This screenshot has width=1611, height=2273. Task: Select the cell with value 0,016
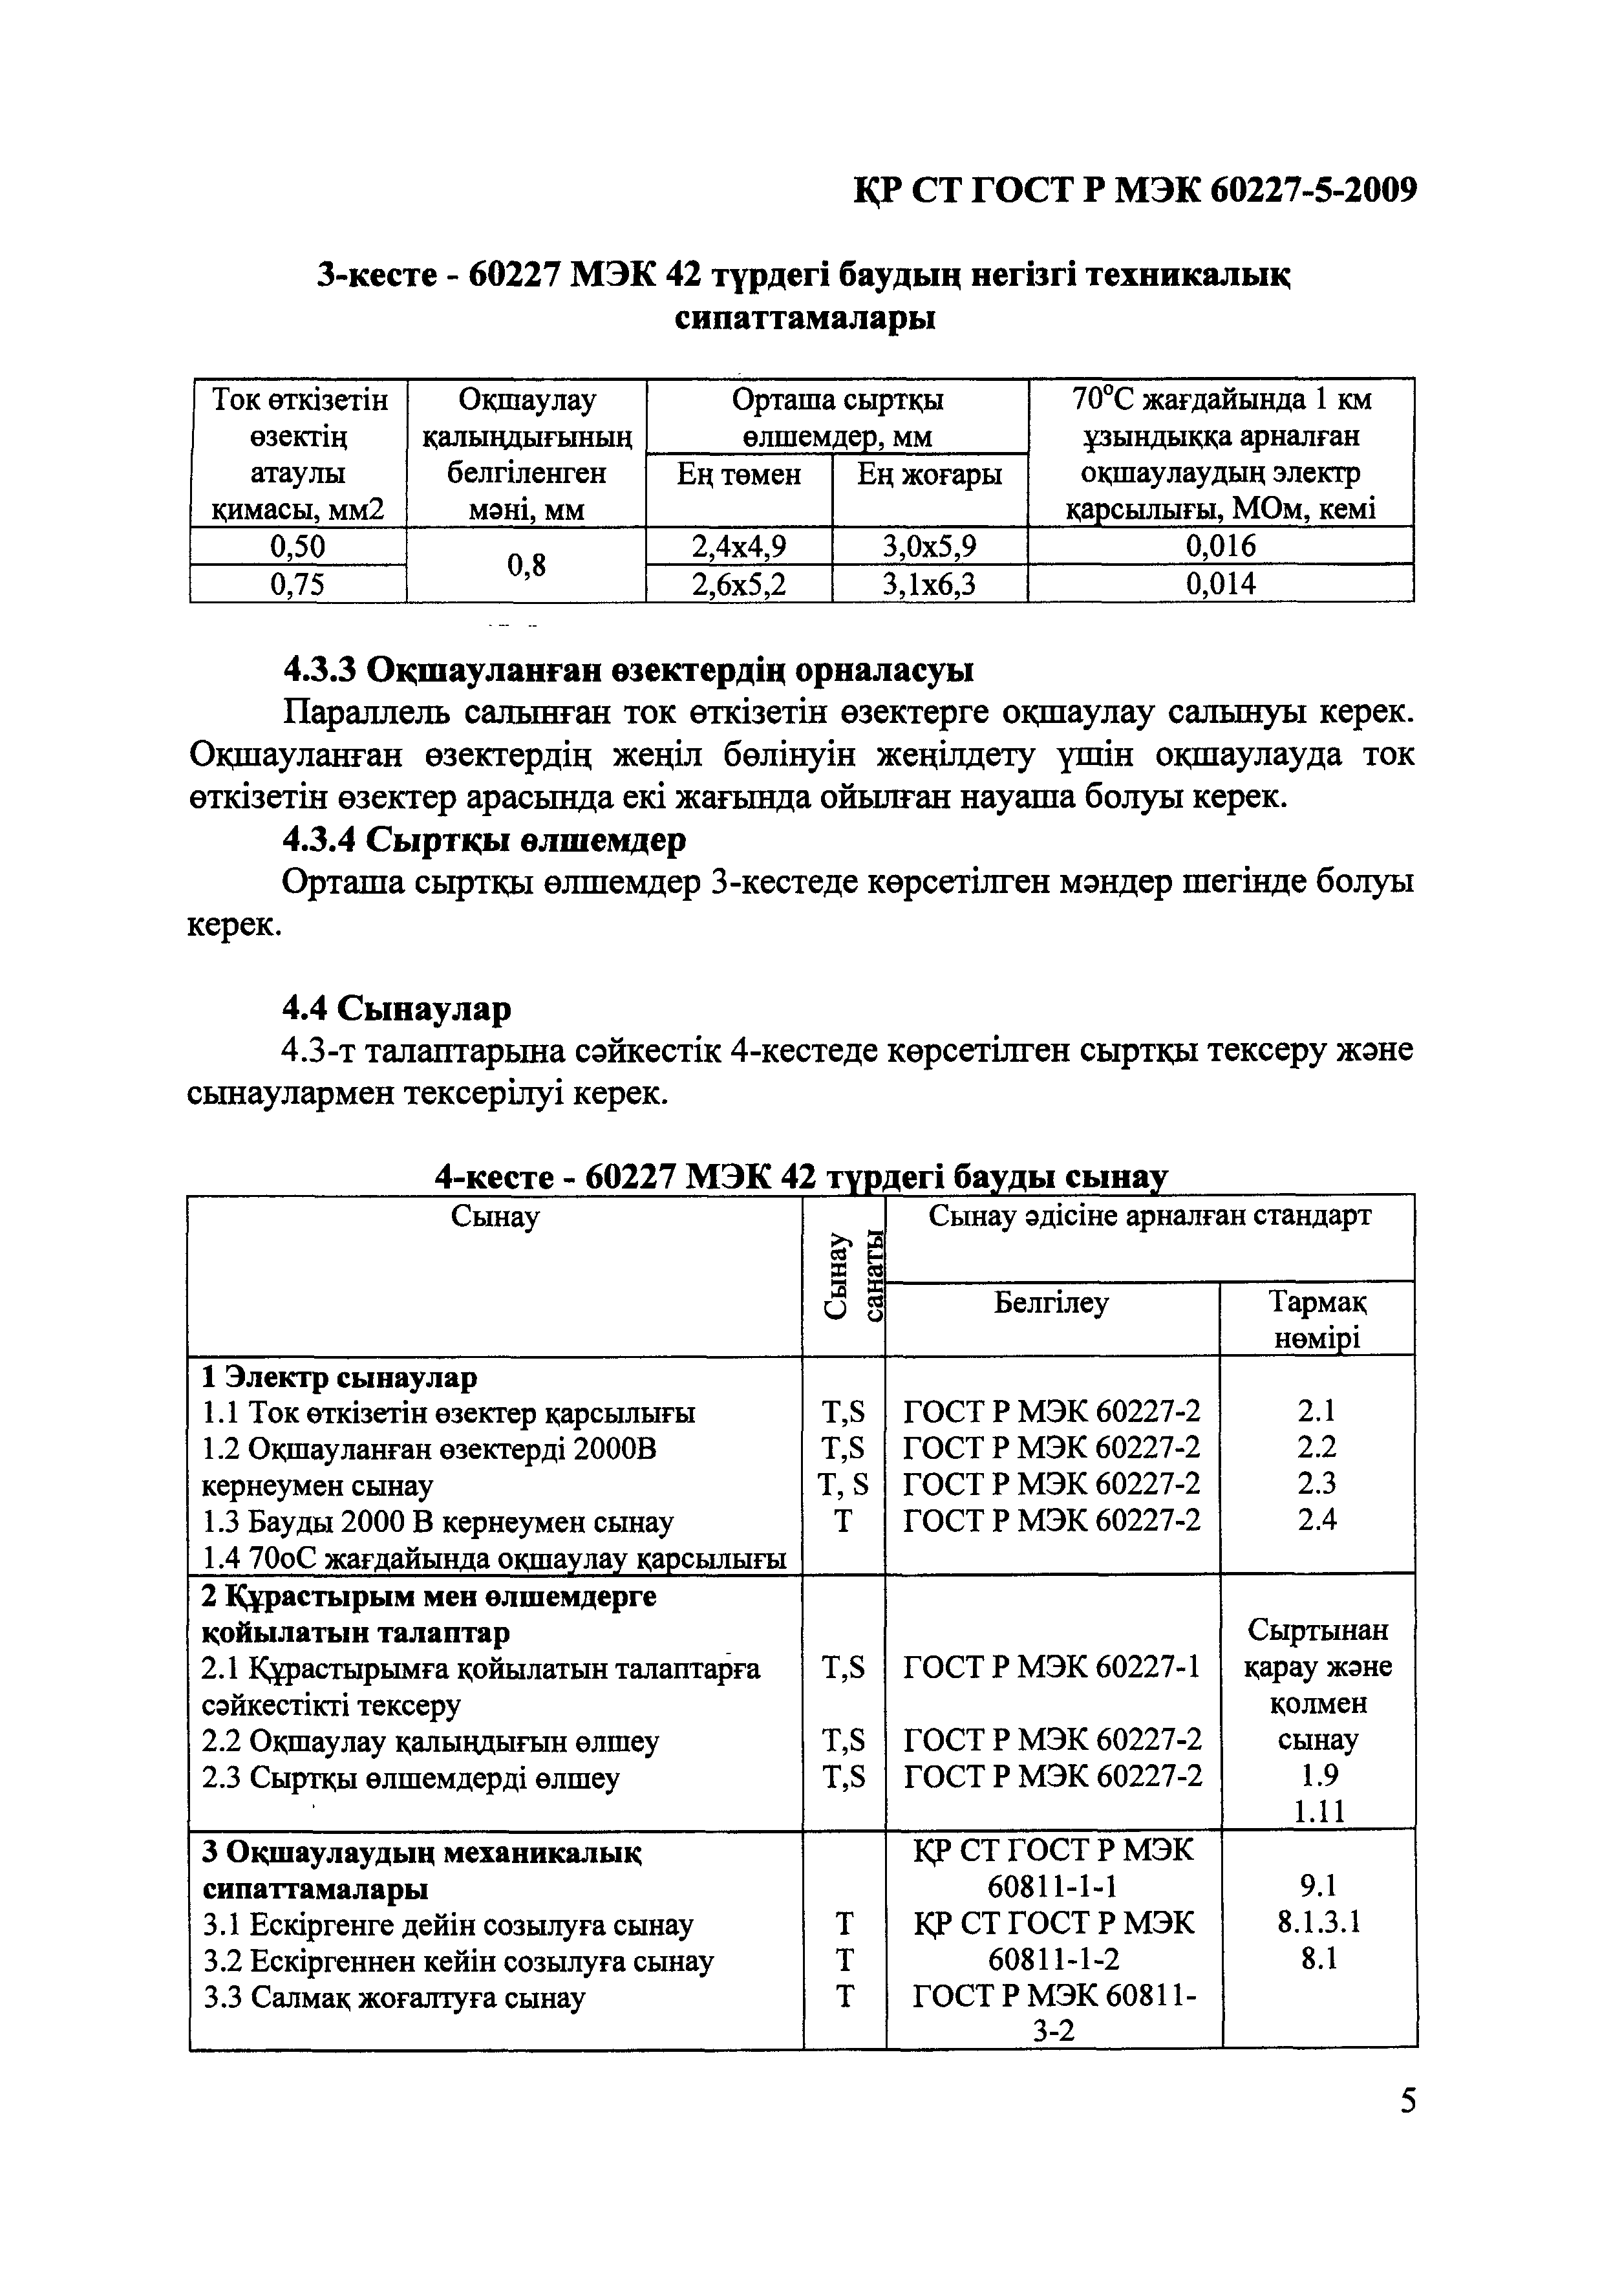coord(1220,546)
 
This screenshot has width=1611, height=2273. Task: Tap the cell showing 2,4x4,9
coord(738,546)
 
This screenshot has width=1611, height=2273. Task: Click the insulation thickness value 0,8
coord(526,565)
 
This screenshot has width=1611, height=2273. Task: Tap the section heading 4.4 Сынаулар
coord(397,1008)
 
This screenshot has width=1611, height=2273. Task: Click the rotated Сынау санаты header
coord(843,1275)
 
